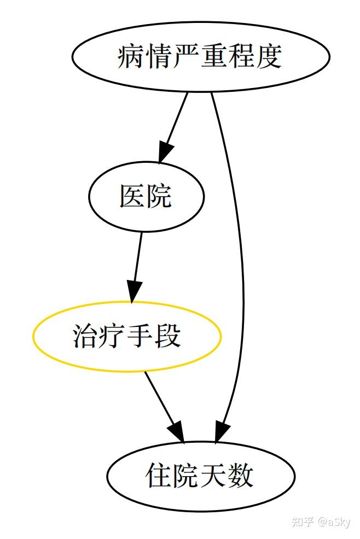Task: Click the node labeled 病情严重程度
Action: coord(201,56)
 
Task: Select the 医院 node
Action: coord(146,196)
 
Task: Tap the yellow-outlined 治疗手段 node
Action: coord(127,336)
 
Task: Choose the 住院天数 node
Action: coord(201,476)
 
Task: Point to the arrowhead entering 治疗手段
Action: coord(134,291)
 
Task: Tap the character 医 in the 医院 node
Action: coord(132,196)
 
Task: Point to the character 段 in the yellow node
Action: coord(168,336)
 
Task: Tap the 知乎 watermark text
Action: coord(303,522)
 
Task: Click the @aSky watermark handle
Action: coord(334,522)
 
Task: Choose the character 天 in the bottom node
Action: coord(213,476)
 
